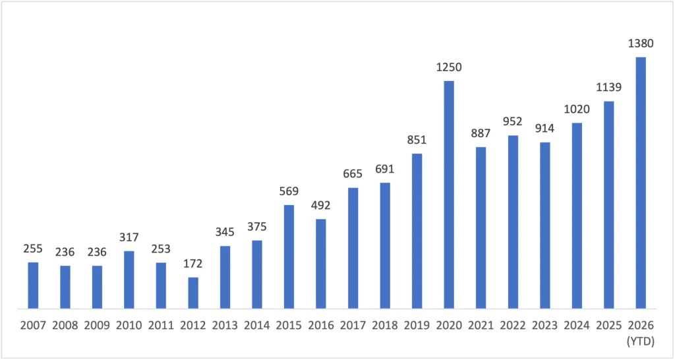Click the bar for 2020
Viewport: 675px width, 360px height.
tap(449, 195)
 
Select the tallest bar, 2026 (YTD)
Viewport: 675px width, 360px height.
tap(641, 183)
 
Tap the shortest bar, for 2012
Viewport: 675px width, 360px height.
tap(193, 293)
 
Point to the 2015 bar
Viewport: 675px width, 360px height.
tap(289, 256)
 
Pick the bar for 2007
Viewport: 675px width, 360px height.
tap(33, 285)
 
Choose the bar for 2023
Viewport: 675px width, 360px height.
tap(545, 225)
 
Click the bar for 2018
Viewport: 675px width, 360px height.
tap(385, 246)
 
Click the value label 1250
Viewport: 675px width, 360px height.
tap(449, 68)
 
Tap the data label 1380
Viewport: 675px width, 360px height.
tap(641, 44)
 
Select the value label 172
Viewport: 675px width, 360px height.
tap(193, 264)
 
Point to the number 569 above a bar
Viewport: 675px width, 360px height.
tap(289, 191)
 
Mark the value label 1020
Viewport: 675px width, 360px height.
tap(577, 109)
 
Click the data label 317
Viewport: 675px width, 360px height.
tap(129, 237)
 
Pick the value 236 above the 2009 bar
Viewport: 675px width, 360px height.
tap(98, 252)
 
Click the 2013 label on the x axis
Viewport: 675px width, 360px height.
tap(225, 325)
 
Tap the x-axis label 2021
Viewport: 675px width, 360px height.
tap(481, 325)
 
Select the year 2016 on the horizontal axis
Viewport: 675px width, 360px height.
tap(321, 325)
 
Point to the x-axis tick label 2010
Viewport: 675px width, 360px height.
tap(129, 325)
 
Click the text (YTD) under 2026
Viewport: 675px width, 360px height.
tap(641, 342)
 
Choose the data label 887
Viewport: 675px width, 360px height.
tap(481, 133)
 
